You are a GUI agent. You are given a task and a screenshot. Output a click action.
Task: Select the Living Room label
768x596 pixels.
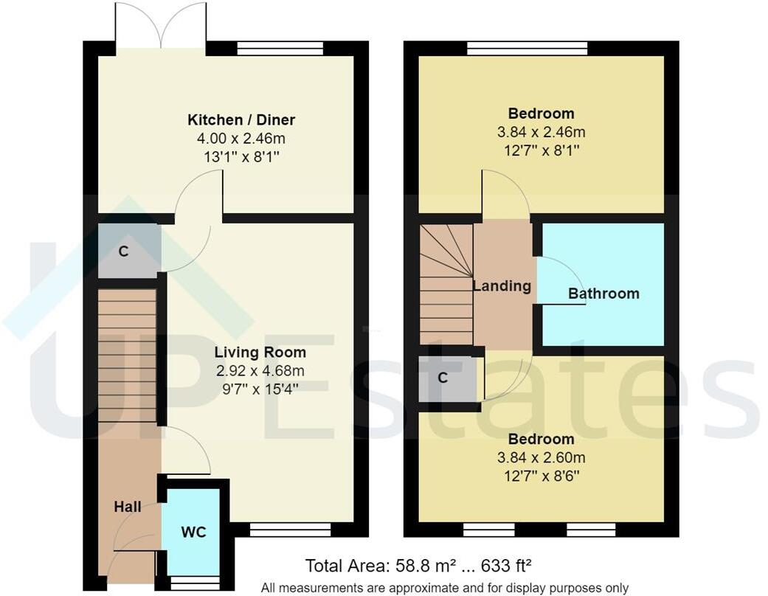click(260, 352)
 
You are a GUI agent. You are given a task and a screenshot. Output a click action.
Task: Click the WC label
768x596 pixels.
click(193, 532)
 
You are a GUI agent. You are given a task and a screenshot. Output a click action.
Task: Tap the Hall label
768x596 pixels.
click(128, 507)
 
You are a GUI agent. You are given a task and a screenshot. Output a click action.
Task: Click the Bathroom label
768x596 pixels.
click(603, 294)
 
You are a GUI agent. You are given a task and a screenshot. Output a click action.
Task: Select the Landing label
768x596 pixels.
click(502, 286)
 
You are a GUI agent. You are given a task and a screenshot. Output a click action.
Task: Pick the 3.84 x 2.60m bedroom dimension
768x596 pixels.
click(541, 458)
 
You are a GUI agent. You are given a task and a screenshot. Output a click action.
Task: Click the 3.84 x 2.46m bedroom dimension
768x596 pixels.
click(541, 132)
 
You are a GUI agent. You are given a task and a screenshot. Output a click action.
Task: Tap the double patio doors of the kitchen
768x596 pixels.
click(162, 27)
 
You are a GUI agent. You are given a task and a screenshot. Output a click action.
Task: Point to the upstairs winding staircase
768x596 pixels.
click(446, 284)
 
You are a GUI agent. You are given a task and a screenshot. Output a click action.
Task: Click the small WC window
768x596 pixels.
click(194, 582)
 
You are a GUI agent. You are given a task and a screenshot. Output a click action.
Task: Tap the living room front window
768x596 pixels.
click(289, 529)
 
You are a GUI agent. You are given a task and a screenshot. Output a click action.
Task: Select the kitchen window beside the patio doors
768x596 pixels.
click(280, 49)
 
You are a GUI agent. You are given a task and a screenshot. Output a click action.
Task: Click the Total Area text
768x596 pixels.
click(418, 566)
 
